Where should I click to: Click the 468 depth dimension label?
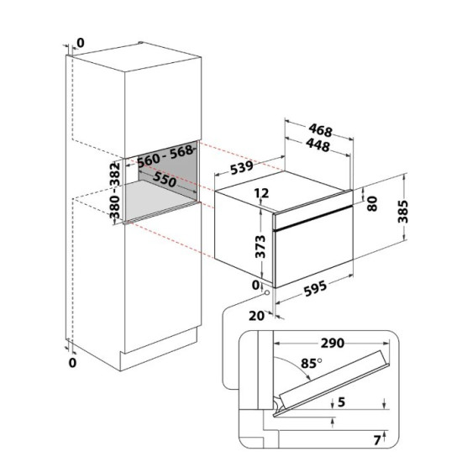pyautogui.click(x=321, y=130)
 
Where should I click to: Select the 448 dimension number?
pyautogui.click(x=318, y=145)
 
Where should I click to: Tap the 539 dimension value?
pyautogui.click(x=242, y=167)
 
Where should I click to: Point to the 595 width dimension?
pyautogui.click(x=315, y=288)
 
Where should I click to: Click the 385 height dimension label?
pyautogui.click(x=402, y=212)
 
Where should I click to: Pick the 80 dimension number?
pyautogui.click(x=372, y=203)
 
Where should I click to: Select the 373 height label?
pyautogui.click(x=260, y=247)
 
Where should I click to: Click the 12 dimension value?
pyautogui.click(x=261, y=193)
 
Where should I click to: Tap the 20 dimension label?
pyautogui.click(x=257, y=316)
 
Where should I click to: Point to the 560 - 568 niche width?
pyautogui.click(x=165, y=156)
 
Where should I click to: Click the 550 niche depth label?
pyautogui.click(x=165, y=180)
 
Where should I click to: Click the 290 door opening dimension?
pyautogui.click(x=333, y=343)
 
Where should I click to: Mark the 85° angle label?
pyautogui.click(x=311, y=363)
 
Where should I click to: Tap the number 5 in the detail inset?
pyautogui.click(x=341, y=402)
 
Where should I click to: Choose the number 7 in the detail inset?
pyautogui.click(x=377, y=440)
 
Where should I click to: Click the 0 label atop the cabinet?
pyautogui.click(x=81, y=43)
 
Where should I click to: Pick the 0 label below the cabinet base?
pyautogui.click(x=72, y=363)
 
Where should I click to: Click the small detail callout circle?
pyautogui.click(x=267, y=292)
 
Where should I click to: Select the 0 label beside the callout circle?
pyautogui.click(x=256, y=285)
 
